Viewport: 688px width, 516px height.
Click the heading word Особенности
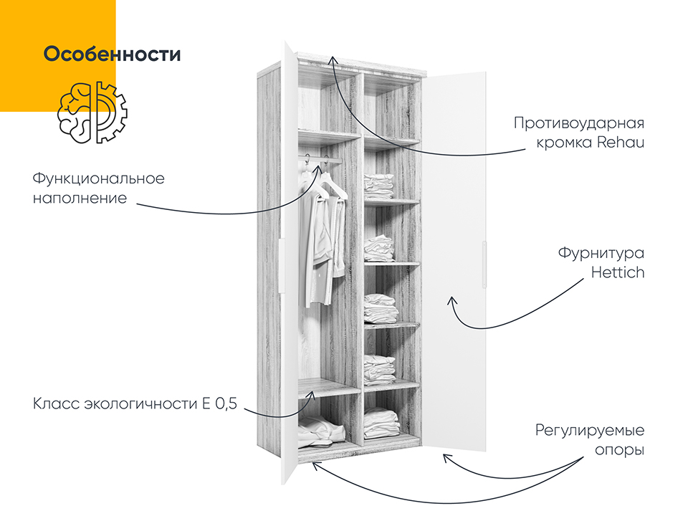tap(112, 54)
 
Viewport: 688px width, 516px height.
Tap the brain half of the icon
tap(74, 113)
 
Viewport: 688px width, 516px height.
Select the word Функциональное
tap(99, 179)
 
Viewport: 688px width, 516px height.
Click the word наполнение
tap(80, 199)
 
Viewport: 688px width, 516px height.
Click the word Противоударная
tap(579, 123)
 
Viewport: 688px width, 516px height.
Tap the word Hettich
tap(618, 272)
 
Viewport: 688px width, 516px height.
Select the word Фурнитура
tap(601, 253)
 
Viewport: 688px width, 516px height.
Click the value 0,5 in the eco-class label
tap(226, 403)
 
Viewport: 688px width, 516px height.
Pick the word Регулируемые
tap(590, 431)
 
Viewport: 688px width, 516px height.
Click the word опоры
tap(619, 450)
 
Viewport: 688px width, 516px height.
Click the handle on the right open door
tap(484, 264)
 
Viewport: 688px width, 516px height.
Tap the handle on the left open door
tap(281, 265)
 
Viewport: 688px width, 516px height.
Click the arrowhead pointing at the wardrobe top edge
tap(333, 60)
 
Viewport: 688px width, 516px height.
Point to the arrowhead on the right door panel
tap(452, 302)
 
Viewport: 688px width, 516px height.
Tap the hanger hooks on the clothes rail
tap(316, 161)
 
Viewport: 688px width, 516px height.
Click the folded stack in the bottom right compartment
tap(381, 423)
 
